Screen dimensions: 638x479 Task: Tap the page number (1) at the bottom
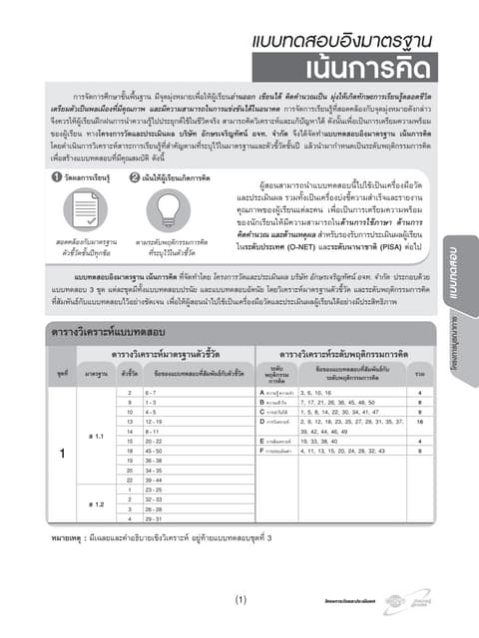tap(240, 600)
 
